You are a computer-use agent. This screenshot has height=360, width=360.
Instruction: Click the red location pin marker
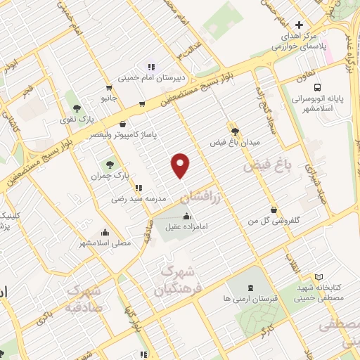pos(181,165)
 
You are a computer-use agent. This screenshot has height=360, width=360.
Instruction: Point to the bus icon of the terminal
pos(318,88)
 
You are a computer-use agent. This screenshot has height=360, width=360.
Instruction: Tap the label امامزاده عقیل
pos(184,227)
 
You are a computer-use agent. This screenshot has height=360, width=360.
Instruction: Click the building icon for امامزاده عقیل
pos(186,216)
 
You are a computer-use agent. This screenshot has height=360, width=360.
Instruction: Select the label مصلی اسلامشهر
pos(105,243)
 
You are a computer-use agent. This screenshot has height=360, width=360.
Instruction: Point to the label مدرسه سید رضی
pos(139,199)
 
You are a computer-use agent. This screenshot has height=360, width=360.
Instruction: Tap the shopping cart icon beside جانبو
pos(109,89)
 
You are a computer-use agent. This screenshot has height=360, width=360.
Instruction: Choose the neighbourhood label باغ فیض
pos(266,167)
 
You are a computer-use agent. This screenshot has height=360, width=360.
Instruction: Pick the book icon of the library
pos(319,278)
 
